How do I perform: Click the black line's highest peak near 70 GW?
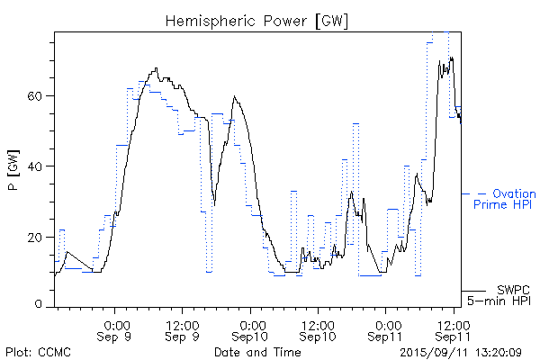451,58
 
